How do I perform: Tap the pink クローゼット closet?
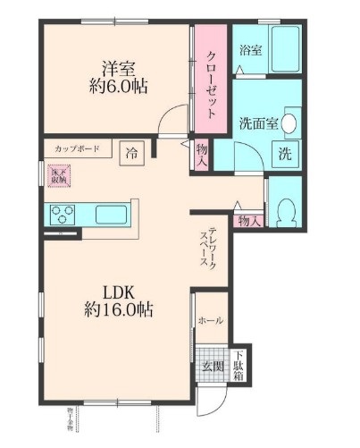pos(212,81)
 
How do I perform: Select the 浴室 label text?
pos(250,51)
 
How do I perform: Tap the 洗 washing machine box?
pos(285,154)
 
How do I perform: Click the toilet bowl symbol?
pos(285,211)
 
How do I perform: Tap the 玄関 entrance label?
pos(211,366)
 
